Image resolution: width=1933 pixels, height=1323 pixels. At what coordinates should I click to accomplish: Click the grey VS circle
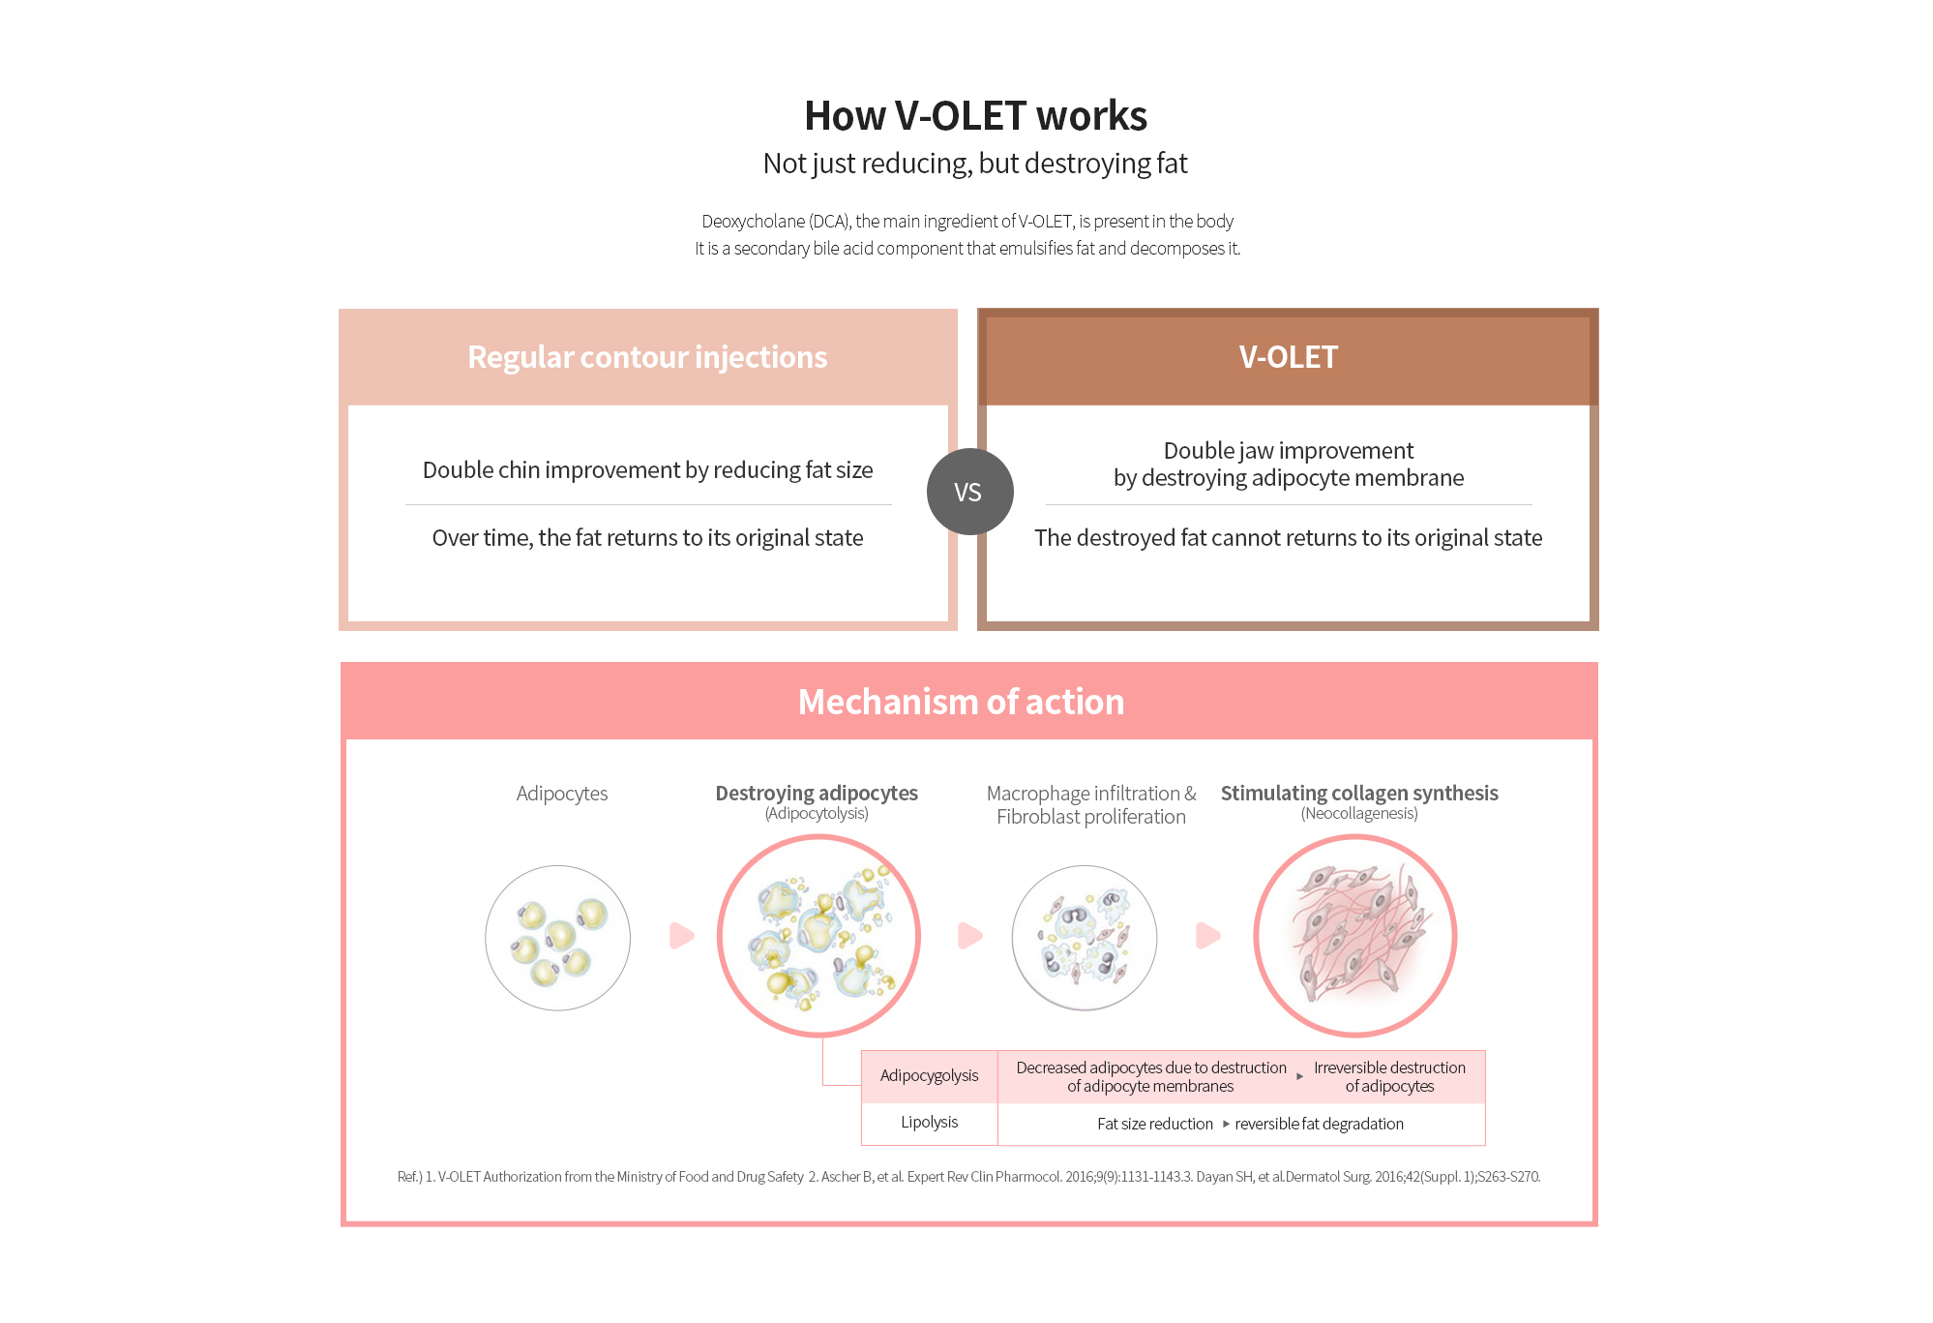point(969,492)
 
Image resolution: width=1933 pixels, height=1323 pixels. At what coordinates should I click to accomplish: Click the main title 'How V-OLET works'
point(975,116)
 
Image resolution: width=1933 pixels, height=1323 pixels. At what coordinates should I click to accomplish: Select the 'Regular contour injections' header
point(647,357)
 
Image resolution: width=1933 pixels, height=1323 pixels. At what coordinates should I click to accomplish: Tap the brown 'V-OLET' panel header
point(1288,357)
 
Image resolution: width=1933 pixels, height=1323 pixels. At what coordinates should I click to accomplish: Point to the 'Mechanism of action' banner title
point(961,702)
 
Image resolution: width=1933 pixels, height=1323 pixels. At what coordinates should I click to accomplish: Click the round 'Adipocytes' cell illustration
point(558,938)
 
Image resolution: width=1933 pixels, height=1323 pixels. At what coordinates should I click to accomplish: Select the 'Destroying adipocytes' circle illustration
point(818,936)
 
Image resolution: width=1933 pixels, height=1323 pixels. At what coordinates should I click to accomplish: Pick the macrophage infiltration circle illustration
point(1085,938)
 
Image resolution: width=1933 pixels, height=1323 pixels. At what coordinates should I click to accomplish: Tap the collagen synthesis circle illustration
point(1355,936)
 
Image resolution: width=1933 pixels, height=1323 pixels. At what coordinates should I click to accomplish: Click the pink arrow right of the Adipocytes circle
point(682,936)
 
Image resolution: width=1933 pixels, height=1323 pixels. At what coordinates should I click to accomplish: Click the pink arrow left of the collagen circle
point(1208,936)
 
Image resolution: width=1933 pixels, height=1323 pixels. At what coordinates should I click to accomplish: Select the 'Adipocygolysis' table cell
point(930,1076)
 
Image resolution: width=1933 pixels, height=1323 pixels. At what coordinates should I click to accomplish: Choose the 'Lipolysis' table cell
point(930,1123)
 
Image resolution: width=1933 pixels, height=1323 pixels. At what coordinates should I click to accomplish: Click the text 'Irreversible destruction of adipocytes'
point(1389,1076)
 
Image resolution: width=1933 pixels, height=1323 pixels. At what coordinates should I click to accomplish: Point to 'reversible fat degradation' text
point(1319,1124)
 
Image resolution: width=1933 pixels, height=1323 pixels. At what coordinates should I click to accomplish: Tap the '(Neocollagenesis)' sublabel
point(1359,814)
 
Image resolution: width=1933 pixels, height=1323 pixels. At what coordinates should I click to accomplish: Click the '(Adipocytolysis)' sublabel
point(817,814)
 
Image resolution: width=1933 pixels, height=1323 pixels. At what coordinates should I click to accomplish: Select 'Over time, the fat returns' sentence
point(647,538)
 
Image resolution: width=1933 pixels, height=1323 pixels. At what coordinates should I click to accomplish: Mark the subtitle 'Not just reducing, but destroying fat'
point(975,164)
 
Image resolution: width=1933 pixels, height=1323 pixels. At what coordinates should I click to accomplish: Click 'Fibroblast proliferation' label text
point(1091,817)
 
